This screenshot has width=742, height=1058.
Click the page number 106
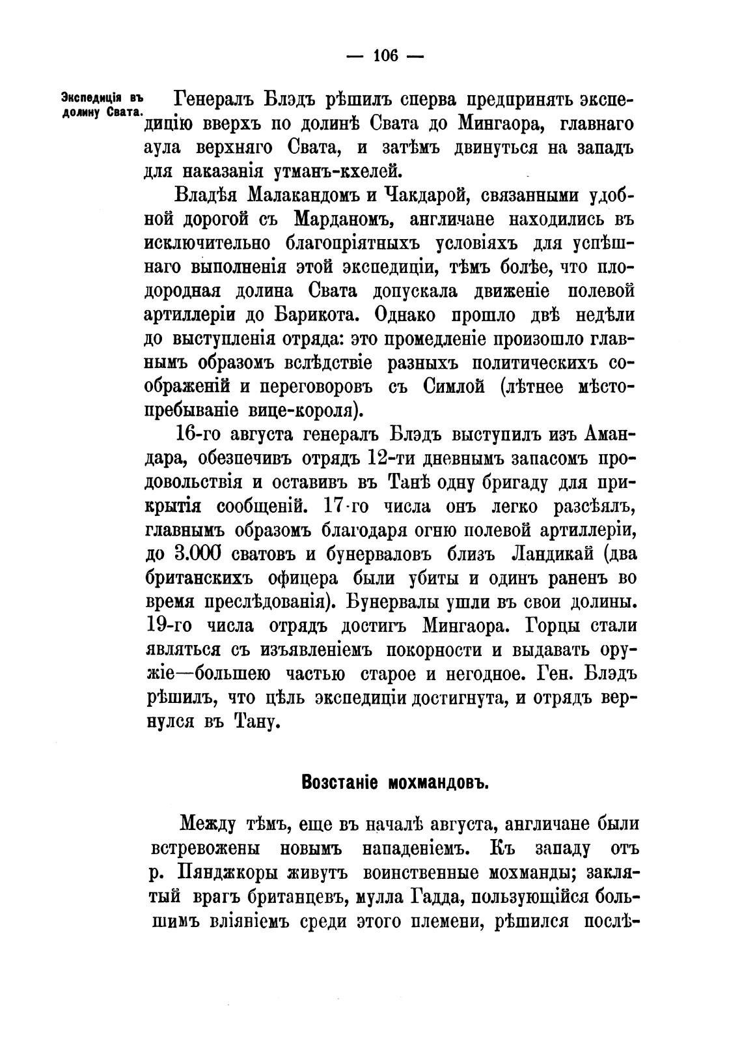pos(384,55)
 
